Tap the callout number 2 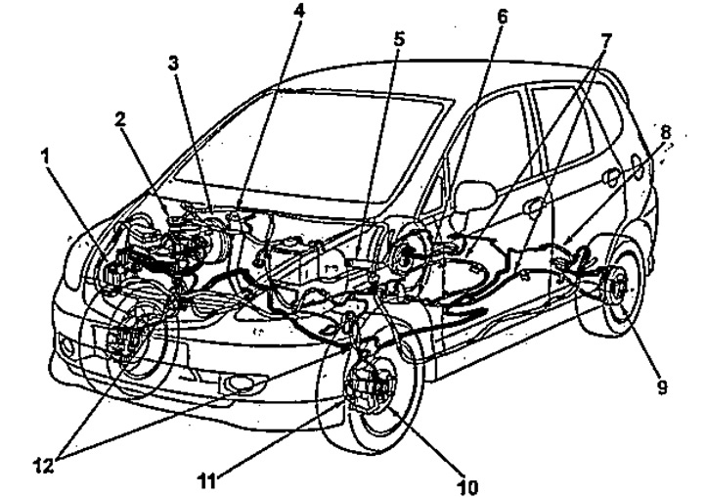point(118,119)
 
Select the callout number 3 point(172,64)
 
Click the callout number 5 point(399,40)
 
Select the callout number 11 point(206,479)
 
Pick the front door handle point(533,206)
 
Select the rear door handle point(612,176)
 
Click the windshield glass point(313,147)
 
